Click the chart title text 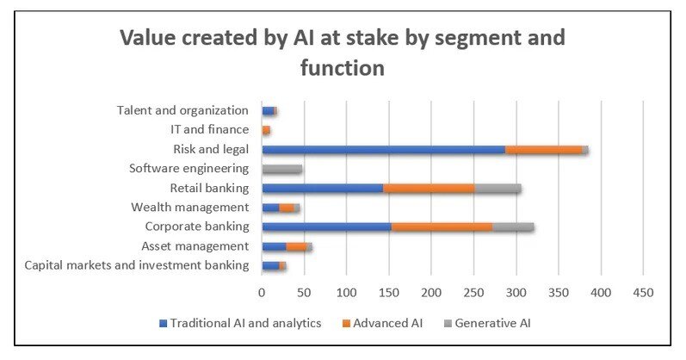click(343, 52)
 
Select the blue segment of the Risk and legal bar click(383, 150)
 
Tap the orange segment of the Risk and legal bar click(543, 150)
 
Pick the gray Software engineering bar click(281, 169)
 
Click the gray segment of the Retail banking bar click(498, 189)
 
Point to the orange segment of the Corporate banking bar click(442, 227)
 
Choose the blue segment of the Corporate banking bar click(326, 227)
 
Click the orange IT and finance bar click(266, 130)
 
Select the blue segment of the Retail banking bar click(322, 189)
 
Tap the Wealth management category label click(190, 208)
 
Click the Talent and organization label click(182, 110)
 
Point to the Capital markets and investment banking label click(137, 265)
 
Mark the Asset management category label click(195, 246)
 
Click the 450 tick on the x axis click(643, 293)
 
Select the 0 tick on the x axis click(262, 293)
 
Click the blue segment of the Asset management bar click(274, 247)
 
